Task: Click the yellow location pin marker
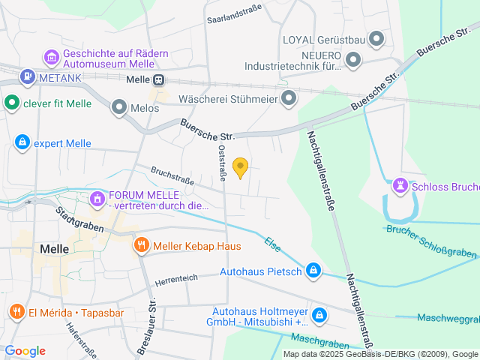point(240,167)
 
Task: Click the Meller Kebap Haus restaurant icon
point(140,245)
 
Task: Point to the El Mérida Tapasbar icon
point(16,311)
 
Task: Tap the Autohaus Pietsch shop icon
point(314,271)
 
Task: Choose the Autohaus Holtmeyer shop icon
point(320,315)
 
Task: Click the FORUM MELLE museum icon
point(97,199)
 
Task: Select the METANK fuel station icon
point(28,76)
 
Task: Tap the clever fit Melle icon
point(11,103)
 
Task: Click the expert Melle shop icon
point(22,142)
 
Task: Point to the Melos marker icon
point(118,108)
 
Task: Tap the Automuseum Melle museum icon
point(52,57)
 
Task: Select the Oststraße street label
point(222,161)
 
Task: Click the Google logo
point(25,351)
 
